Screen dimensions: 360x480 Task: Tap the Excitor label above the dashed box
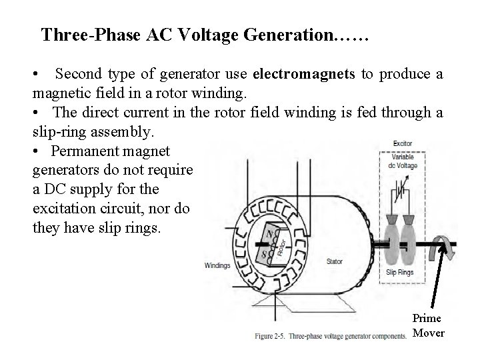coord(402,143)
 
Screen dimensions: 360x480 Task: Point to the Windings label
coord(217,265)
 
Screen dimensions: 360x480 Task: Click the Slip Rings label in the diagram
coord(400,272)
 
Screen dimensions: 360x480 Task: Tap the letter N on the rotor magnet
coord(268,235)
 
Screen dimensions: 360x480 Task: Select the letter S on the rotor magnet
coord(265,255)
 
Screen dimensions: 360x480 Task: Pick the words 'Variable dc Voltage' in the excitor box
coord(405,160)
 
